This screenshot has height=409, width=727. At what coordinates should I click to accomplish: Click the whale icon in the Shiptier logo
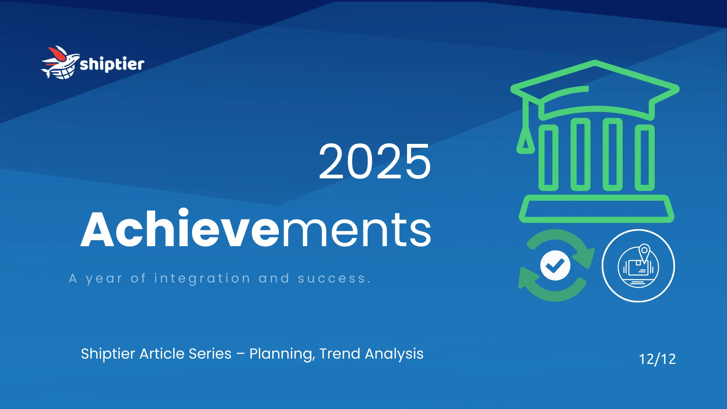pyautogui.click(x=60, y=63)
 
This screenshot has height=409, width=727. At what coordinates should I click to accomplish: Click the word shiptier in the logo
pyautogui.click(x=112, y=64)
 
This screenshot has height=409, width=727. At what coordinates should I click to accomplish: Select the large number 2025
pyautogui.click(x=374, y=162)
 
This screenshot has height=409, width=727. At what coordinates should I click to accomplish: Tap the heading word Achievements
pyautogui.click(x=256, y=229)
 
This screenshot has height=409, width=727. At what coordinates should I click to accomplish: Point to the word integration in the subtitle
pyautogui.click(x=202, y=278)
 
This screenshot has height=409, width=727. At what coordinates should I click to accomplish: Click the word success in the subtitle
pyautogui.click(x=332, y=278)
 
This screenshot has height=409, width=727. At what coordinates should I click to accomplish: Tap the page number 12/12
pyautogui.click(x=657, y=359)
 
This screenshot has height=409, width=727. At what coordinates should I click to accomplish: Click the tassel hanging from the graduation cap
pyautogui.click(x=525, y=140)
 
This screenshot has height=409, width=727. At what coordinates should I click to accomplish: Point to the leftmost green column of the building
pyautogui.click(x=548, y=158)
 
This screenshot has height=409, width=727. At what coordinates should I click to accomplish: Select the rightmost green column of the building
pyautogui.click(x=644, y=158)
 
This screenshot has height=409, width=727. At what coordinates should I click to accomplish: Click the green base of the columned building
pyautogui.click(x=596, y=209)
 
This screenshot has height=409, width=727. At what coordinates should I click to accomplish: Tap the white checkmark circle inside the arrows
pyautogui.click(x=555, y=265)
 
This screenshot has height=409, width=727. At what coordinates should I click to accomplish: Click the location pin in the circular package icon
pyautogui.click(x=644, y=251)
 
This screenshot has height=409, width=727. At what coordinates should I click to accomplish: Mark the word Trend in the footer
pyautogui.click(x=340, y=354)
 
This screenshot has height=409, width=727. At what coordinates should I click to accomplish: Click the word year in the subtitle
pyautogui.click(x=104, y=279)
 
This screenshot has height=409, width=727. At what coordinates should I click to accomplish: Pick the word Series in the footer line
pyautogui.click(x=210, y=354)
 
